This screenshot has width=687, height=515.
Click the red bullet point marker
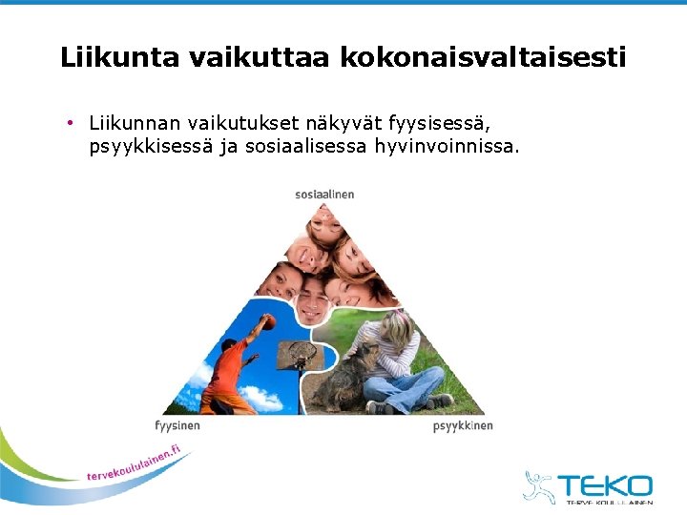click(x=72, y=123)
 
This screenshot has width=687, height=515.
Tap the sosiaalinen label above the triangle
click(x=324, y=195)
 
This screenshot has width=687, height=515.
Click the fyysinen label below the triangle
click(x=177, y=425)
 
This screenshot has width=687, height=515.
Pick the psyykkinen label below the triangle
click(x=463, y=425)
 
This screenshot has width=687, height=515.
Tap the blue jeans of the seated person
click(x=401, y=390)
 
